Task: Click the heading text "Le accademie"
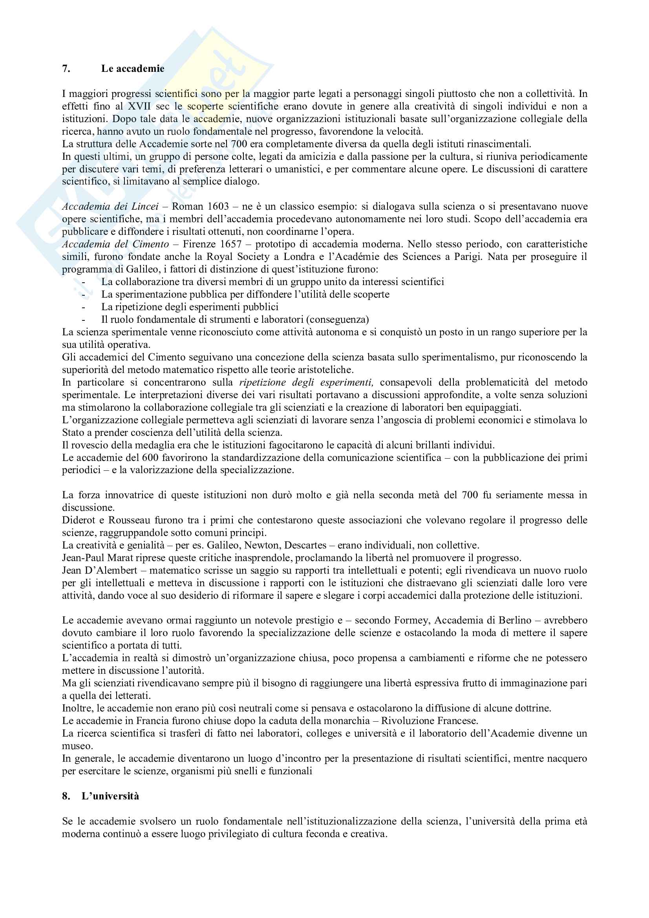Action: tap(132, 68)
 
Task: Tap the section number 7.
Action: tap(66, 68)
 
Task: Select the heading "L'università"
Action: tap(110, 795)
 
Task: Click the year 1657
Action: tap(231, 244)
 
